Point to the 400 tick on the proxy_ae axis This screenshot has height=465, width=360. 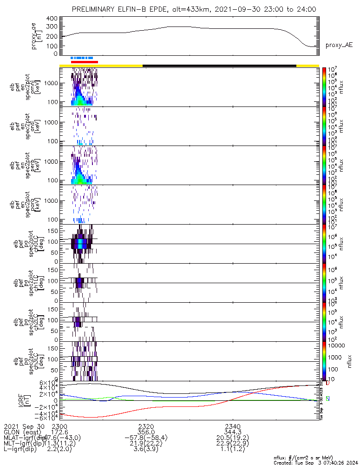52,19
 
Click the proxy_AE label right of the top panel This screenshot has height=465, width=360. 339,45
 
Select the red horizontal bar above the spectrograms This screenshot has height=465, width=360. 84,61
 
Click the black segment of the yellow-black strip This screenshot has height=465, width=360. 219,66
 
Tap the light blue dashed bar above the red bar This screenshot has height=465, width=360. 82,58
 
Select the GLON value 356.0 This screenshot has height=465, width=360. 146,432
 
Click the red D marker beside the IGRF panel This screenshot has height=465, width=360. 327,383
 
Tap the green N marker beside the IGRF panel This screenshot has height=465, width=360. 327,399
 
